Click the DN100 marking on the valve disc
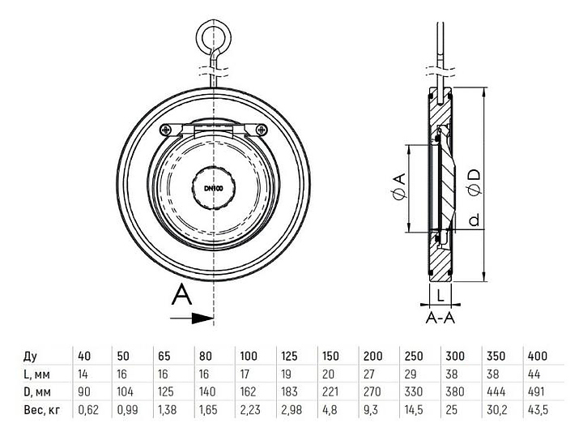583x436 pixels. click(x=214, y=188)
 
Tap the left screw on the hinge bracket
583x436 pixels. click(x=165, y=130)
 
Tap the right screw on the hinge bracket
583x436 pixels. click(x=262, y=130)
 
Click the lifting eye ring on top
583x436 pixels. click(x=214, y=36)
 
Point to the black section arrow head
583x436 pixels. click(x=203, y=318)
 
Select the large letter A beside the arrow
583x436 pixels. click(x=181, y=294)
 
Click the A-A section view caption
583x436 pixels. click(x=440, y=318)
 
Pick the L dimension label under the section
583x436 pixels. click(x=440, y=295)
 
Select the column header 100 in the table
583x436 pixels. click(x=249, y=356)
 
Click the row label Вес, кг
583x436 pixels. click(x=42, y=410)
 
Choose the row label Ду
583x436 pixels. click(x=31, y=357)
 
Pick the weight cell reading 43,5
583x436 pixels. click(x=538, y=410)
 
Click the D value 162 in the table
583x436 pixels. click(x=248, y=391)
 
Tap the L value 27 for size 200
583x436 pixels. click(x=369, y=374)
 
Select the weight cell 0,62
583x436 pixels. click(x=88, y=410)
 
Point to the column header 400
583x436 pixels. click(x=538, y=356)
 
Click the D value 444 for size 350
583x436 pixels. click(x=496, y=391)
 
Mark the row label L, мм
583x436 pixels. click(x=36, y=374)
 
